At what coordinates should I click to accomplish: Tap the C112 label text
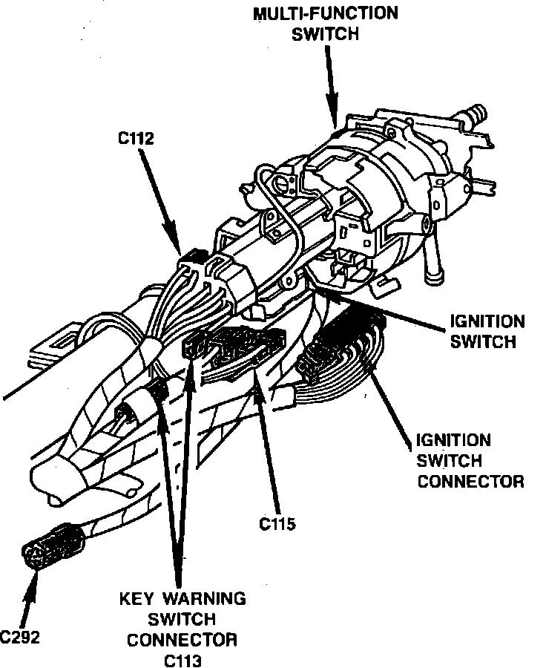pos(136,137)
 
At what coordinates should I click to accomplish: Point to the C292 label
pos(20,637)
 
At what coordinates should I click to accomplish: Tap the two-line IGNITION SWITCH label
pos(487,333)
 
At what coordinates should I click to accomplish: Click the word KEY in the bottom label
pos(139,598)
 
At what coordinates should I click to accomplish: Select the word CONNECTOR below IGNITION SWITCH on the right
pos(470,481)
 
